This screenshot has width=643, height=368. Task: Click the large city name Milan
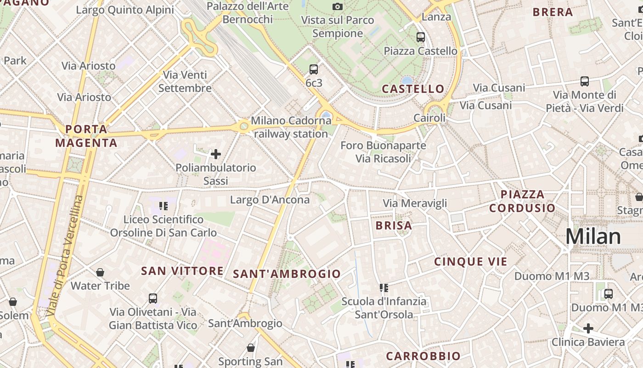coord(593,236)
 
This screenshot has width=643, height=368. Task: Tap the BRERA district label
coord(553,12)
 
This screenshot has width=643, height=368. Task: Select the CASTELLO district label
coord(413,89)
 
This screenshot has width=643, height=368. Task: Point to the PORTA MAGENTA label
coord(86,136)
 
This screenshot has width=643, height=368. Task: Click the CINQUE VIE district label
coord(471,262)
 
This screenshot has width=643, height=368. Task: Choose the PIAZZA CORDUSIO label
coord(522,201)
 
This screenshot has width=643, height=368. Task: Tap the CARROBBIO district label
coord(423,356)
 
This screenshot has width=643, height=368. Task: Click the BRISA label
coord(394,225)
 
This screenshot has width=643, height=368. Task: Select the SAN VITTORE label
coord(182,270)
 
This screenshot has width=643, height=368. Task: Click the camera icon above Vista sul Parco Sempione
coord(338,6)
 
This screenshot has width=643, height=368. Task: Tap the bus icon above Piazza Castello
coord(420,37)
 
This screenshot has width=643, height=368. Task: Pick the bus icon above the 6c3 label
coord(314,69)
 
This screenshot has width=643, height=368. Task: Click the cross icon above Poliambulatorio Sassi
coord(215,154)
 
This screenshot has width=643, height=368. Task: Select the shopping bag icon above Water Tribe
coord(100,272)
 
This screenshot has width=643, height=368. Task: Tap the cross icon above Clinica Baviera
coord(588,328)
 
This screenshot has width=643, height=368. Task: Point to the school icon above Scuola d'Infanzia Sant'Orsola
coord(384,288)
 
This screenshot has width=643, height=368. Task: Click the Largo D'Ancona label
coord(270,200)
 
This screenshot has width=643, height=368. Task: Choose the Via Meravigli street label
coord(415,203)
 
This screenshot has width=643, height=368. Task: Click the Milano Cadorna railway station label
coord(291,127)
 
